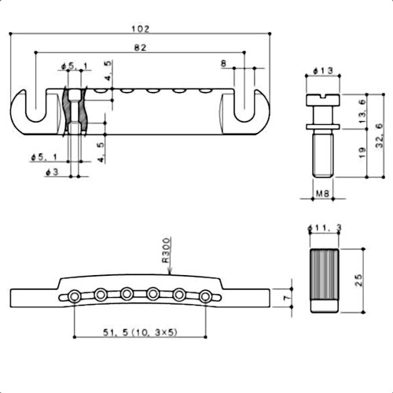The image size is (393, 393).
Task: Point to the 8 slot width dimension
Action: [225, 62]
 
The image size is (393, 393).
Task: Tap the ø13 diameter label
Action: [321, 72]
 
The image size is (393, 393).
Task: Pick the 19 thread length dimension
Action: [359, 155]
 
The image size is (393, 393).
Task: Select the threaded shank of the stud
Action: [321, 157]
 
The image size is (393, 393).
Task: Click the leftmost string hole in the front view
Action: [74, 296]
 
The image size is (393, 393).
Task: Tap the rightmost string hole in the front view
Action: [206, 296]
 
